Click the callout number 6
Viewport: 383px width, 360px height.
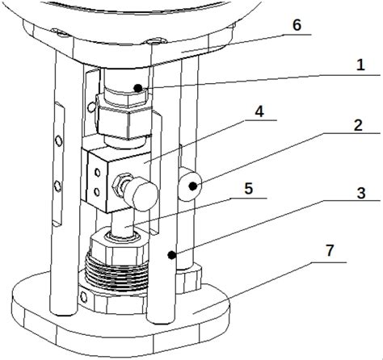[x=297, y=25]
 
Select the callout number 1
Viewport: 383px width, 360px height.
[x=360, y=65]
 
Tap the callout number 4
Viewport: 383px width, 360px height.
[x=259, y=111]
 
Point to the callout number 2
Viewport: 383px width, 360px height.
[x=358, y=125]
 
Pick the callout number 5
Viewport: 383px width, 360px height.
[x=248, y=188]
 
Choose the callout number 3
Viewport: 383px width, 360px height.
[x=361, y=193]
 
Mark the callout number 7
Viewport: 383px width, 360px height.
[x=330, y=250]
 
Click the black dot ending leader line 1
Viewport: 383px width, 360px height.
[x=138, y=88]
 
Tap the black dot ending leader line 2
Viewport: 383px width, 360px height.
[x=192, y=186]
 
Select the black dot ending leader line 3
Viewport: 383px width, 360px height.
[x=171, y=255]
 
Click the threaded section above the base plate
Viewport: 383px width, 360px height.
[x=116, y=273]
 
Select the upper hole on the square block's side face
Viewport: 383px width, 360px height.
[x=97, y=173]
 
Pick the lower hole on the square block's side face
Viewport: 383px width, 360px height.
[x=97, y=192]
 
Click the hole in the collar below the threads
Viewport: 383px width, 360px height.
[x=84, y=298]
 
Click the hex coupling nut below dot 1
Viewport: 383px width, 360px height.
[x=124, y=121]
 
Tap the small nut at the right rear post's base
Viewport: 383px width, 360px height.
[x=188, y=278]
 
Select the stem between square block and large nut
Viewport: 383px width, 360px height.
[x=123, y=224]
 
